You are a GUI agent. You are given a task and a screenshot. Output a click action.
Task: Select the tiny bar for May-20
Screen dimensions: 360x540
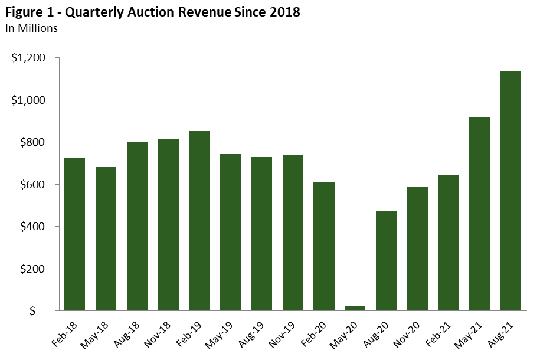click(x=355, y=307)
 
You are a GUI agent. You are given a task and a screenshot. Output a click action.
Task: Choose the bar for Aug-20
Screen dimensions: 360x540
click(x=386, y=260)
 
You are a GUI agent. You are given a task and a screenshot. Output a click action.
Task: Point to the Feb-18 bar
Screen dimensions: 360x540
click(x=74, y=234)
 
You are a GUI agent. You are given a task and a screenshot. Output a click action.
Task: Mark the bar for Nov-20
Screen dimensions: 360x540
click(x=417, y=248)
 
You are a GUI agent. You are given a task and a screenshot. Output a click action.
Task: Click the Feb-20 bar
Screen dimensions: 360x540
click(x=324, y=246)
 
